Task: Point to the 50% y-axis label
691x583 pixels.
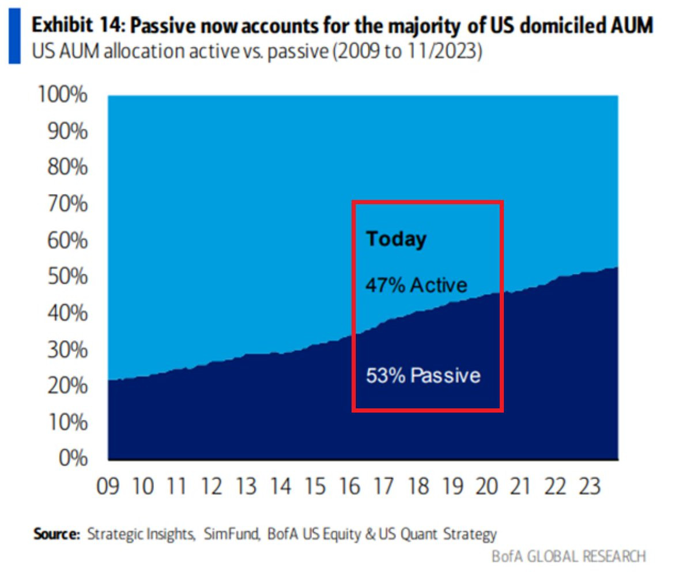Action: click(x=67, y=276)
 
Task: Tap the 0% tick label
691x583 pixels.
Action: click(x=73, y=458)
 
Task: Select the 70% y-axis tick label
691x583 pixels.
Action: click(x=67, y=204)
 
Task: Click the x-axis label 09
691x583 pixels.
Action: click(x=108, y=487)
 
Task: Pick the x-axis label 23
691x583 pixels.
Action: click(x=590, y=487)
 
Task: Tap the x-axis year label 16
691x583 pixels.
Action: click(x=349, y=487)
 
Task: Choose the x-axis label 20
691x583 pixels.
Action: click(x=486, y=487)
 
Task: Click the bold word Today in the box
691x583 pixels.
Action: click(x=397, y=239)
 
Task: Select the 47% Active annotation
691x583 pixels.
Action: click(x=416, y=285)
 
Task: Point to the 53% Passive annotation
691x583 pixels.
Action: click(x=423, y=375)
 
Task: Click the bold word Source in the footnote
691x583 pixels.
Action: click(x=56, y=534)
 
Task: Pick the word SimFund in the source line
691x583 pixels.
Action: click(x=231, y=534)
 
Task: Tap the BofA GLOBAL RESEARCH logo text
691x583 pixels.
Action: click(x=568, y=556)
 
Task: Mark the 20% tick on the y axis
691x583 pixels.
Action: click(x=67, y=385)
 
